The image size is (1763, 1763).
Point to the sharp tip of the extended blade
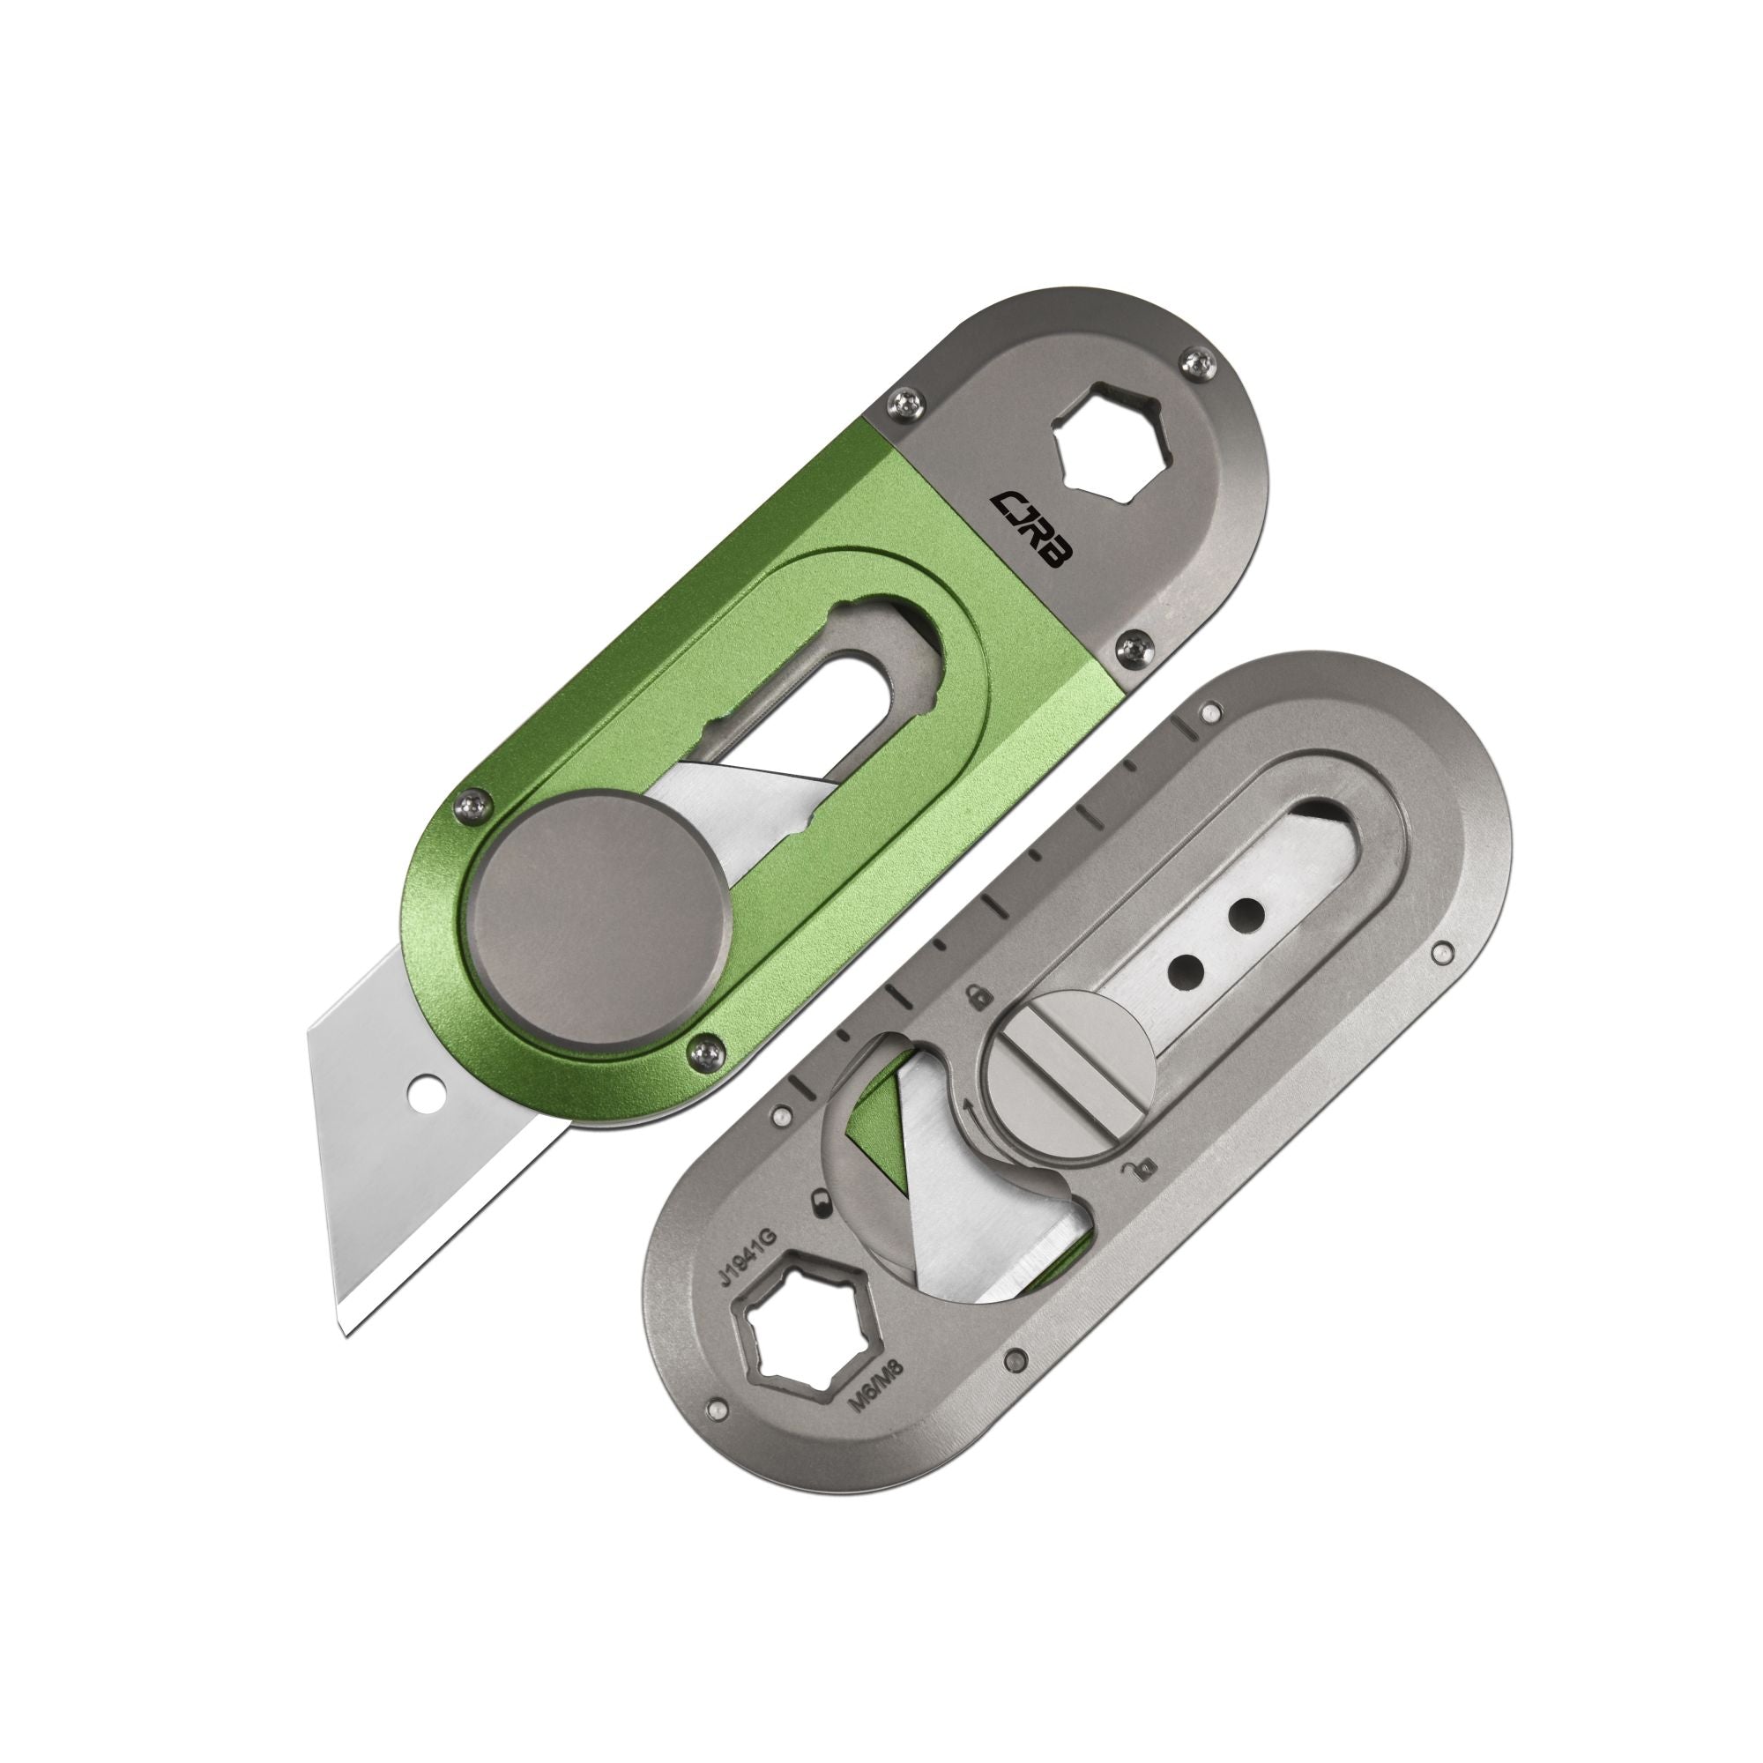click(x=344, y=1338)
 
